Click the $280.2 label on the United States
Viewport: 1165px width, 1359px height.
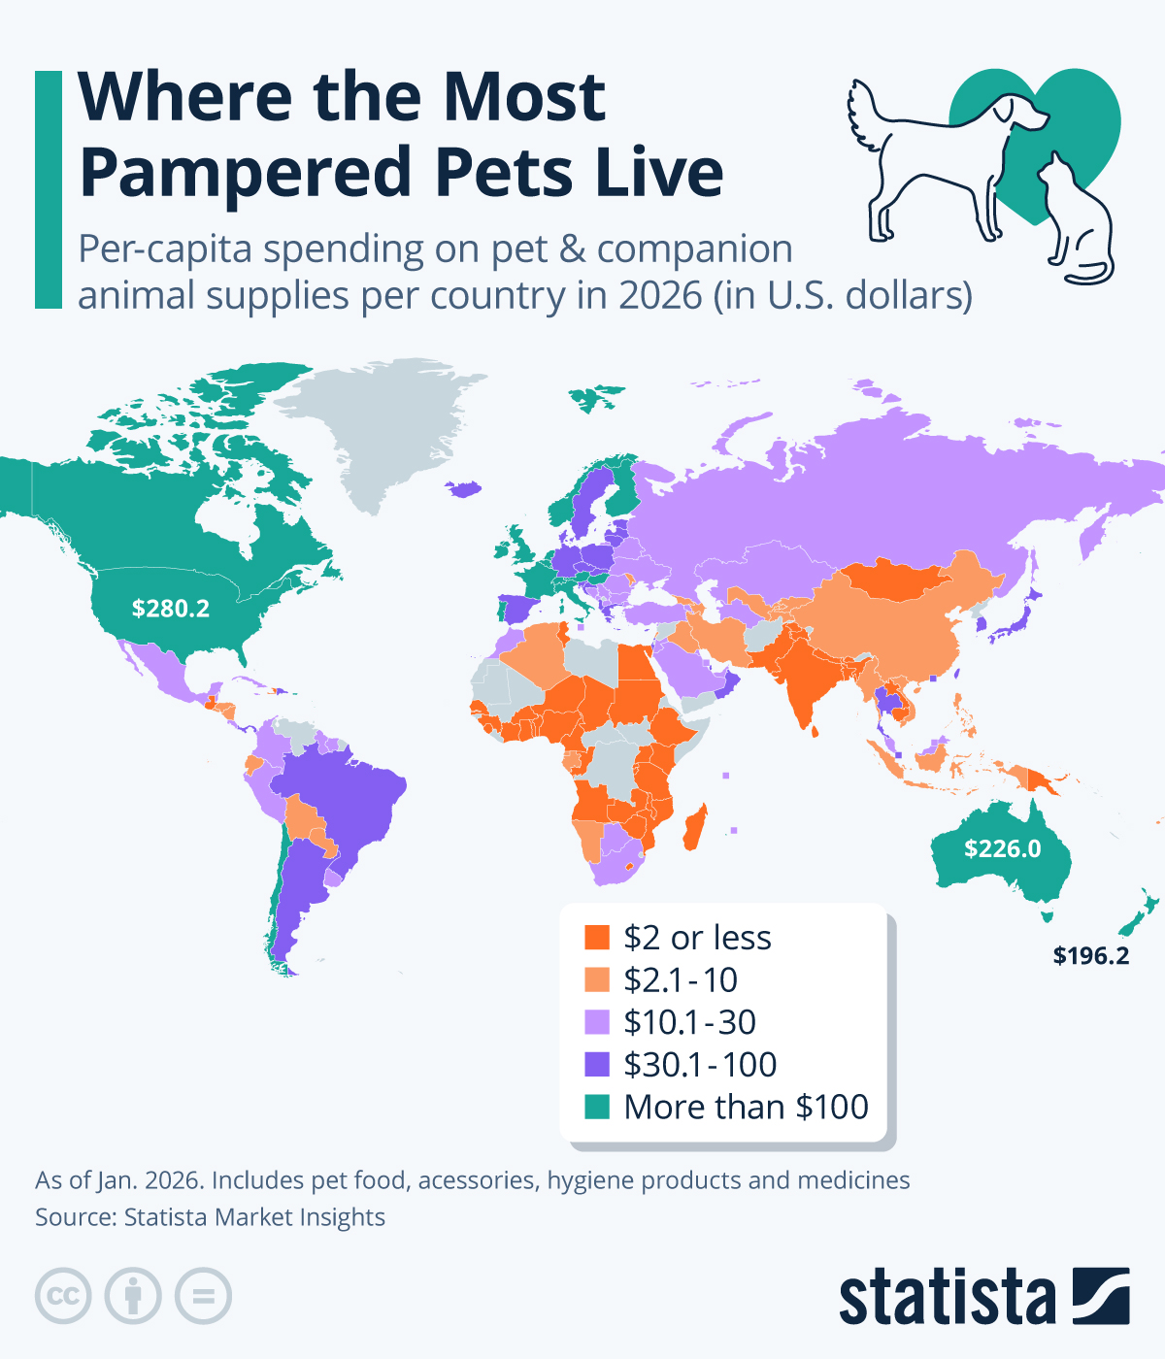[x=171, y=609]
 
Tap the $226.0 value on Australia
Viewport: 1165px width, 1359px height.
[x=1002, y=849]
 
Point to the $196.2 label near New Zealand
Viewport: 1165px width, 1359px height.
[x=1091, y=956]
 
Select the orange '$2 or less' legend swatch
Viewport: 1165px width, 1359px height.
[x=597, y=938]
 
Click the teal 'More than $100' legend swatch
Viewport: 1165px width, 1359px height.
[x=597, y=1107]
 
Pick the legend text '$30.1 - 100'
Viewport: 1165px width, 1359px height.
[x=700, y=1065]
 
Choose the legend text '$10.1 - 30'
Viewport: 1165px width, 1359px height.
[x=689, y=1022]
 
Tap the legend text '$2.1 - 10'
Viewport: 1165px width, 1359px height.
[x=681, y=980]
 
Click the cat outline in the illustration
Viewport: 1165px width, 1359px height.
[x=1076, y=223]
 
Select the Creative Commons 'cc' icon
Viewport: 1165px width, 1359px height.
[x=63, y=1296]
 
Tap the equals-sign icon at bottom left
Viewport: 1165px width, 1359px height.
[x=204, y=1296]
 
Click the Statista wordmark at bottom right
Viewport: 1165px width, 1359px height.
[x=947, y=1297]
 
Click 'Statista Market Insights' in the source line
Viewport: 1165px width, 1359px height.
[x=254, y=1217]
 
